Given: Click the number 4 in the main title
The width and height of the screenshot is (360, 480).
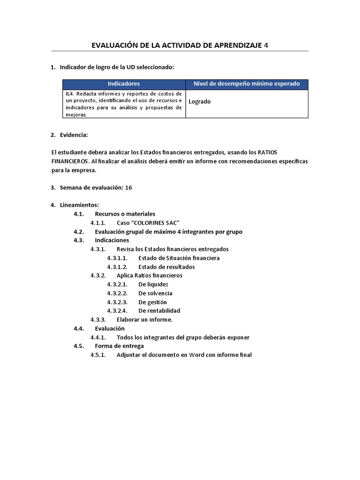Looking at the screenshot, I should (x=266, y=45).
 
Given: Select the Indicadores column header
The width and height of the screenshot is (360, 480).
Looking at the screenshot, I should (x=124, y=84).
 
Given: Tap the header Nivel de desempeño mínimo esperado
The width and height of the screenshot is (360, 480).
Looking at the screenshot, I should (x=247, y=84).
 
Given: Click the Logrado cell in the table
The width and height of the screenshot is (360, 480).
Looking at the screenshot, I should (x=200, y=101).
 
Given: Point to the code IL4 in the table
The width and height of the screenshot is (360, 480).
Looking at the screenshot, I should (x=70, y=94).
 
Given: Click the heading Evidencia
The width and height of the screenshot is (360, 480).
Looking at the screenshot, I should (x=74, y=135).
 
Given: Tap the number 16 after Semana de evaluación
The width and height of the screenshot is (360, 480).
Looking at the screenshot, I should (x=128, y=187).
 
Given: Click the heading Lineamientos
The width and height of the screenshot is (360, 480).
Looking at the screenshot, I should (x=79, y=205).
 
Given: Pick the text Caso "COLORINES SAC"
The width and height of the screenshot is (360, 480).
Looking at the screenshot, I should (x=148, y=223).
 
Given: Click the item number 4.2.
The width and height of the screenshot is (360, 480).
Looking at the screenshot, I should (x=78, y=232).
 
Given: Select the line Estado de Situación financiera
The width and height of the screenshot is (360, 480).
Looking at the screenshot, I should (x=179, y=258).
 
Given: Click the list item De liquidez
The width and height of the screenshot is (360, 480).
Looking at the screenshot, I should (x=153, y=285).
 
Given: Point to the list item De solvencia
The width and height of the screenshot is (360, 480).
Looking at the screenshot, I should (x=155, y=293).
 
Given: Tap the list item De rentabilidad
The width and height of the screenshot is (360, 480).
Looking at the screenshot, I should (x=159, y=310).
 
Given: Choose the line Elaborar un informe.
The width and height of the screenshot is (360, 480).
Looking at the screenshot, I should (x=144, y=319).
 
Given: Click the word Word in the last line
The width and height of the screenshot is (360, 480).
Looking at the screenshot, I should (x=198, y=355).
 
